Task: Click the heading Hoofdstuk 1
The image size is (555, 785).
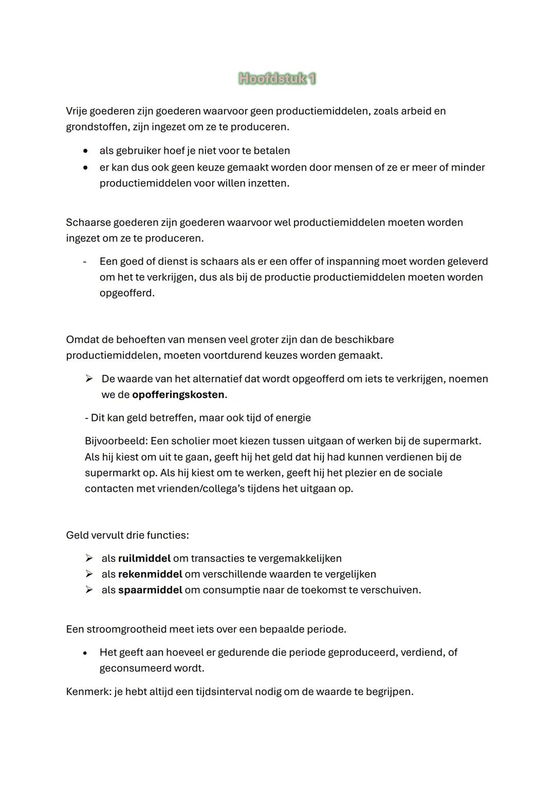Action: click(x=277, y=79)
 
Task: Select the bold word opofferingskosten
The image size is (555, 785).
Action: click(x=178, y=395)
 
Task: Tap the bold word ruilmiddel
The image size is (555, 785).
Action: click(x=144, y=558)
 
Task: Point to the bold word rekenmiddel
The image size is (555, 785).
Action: click(x=150, y=574)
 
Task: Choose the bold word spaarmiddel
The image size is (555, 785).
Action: click(x=150, y=590)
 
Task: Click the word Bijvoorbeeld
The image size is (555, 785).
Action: click(x=116, y=441)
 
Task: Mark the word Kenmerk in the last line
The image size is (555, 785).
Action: click(x=88, y=692)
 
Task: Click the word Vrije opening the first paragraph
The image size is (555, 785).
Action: click(x=78, y=111)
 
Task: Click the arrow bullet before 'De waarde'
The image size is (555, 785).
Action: click(x=89, y=379)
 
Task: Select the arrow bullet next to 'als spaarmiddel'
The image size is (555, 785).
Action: click(x=89, y=590)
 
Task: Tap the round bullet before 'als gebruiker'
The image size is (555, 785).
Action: click(x=86, y=151)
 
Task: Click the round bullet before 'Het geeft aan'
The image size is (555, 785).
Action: click(x=86, y=653)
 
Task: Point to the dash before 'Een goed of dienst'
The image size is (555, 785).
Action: click(x=85, y=262)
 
